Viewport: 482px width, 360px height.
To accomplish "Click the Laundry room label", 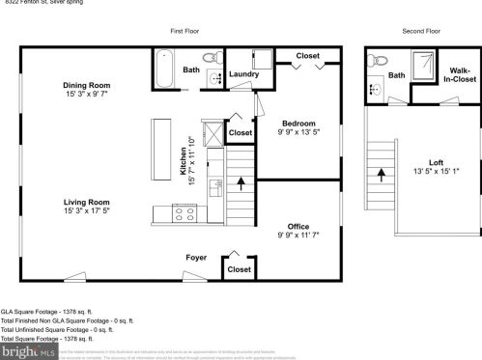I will [x=243, y=74].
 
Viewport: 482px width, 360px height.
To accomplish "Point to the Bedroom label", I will [x=298, y=123].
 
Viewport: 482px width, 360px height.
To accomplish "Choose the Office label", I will [x=298, y=226].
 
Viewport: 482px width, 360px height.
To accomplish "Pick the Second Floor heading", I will [x=421, y=31].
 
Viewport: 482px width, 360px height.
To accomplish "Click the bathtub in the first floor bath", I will [x=165, y=69].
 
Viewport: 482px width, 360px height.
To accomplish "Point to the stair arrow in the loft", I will [x=383, y=175].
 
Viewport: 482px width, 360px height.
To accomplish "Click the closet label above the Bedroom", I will [x=307, y=56].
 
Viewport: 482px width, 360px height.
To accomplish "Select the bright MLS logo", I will [x=21, y=351].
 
